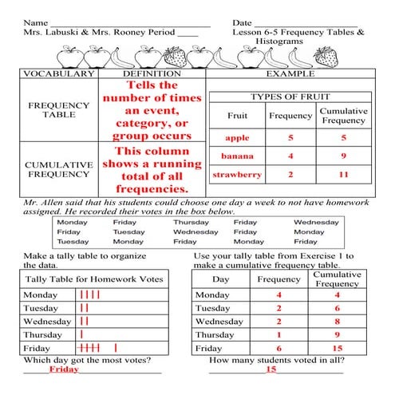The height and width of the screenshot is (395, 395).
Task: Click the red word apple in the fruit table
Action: pyautogui.click(x=236, y=137)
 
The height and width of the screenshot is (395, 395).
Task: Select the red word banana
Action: pyautogui.click(x=236, y=156)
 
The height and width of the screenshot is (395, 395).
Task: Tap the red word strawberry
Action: pyautogui.click(x=236, y=174)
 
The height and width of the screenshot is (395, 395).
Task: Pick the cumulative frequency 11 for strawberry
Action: pyautogui.click(x=342, y=174)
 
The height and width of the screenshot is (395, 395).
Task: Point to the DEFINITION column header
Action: pyautogui.click(x=152, y=73)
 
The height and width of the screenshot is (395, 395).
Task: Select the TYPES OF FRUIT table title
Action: pyautogui.click(x=290, y=97)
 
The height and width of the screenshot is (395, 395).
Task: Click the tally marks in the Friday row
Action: pyautogui.click(x=97, y=349)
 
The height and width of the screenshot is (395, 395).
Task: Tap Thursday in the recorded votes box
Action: pyautogui.click(x=191, y=223)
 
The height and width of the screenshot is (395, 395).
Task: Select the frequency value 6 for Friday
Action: pyautogui.click(x=279, y=349)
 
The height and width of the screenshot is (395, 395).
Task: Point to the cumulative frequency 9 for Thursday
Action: pyautogui.click(x=338, y=335)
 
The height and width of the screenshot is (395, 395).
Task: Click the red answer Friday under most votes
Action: pyautogui.click(x=64, y=369)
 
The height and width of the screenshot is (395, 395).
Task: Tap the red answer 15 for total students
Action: pyautogui.click(x=271, y=369)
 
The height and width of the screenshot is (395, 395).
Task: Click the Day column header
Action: pyautogui.click(x=221, y=279)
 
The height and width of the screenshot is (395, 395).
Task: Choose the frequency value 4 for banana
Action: pyautogui.click(x=290, y=156)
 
